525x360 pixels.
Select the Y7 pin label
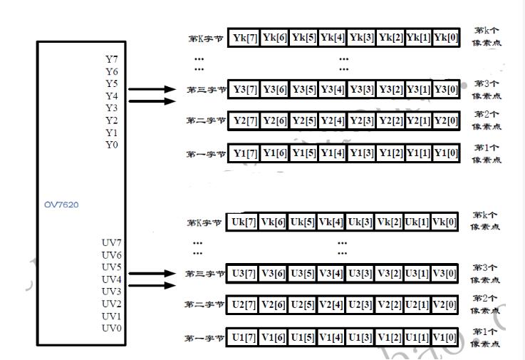coord(112,59)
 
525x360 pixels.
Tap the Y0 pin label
coord(112,145)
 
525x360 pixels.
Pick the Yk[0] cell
coord(445,37)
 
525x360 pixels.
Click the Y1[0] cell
coord(445,153)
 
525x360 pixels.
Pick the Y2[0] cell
coord(445,120)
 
